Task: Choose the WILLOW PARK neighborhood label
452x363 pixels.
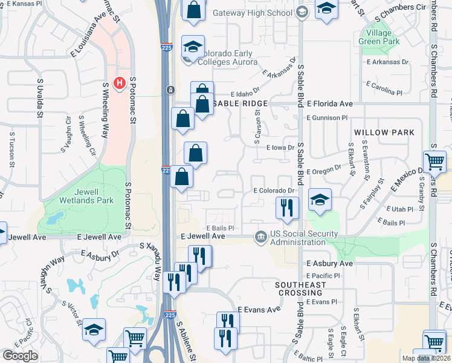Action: pos(384,132)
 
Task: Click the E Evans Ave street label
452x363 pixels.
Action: pos(259,309)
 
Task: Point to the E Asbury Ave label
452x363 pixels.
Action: pos(329,264)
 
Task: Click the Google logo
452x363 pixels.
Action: pos(20,355)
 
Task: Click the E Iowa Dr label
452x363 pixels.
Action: pos(280,147)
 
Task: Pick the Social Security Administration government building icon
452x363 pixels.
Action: pos(260,235)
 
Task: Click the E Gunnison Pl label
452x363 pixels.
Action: pos(327,118)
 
